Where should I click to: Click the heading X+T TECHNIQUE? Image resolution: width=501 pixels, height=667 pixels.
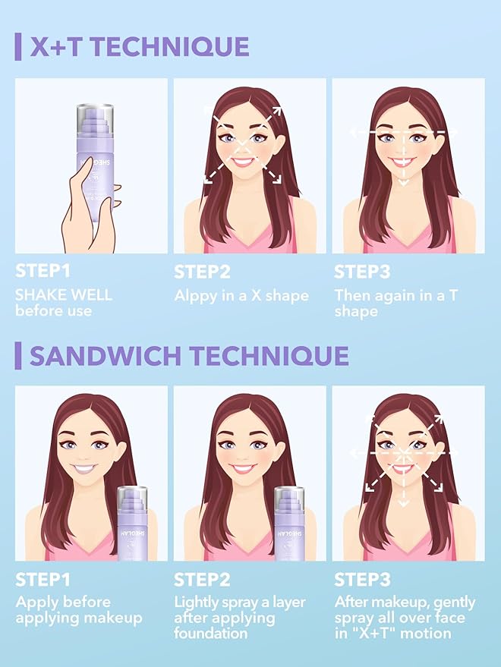[x=140, y=47]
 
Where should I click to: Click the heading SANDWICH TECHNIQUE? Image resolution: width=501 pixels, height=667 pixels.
[x=189, y=355]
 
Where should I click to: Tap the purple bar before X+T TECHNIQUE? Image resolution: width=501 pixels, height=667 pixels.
[x=17, y=47]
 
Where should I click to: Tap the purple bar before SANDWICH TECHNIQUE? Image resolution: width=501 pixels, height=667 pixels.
[x=17, y=355]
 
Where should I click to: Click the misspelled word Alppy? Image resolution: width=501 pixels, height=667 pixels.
[x=196, y=295]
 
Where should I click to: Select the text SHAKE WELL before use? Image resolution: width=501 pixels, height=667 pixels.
[x=63, y=303]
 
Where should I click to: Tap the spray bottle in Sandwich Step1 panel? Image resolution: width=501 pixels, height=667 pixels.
[x=137, y=524]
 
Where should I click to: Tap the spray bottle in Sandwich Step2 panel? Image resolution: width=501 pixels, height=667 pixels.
[x=295, y=524]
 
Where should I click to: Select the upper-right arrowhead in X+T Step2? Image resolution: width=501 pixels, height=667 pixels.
[x=276, y=111]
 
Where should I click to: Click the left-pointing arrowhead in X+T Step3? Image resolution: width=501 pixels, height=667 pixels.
[x=354, y=132]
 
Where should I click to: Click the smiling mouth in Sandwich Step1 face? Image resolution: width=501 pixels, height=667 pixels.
[x=86, y=469]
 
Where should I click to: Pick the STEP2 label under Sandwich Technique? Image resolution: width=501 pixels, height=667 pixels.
[x=202, y=580]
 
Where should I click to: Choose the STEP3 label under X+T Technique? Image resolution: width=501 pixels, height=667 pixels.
[x=362, y=272]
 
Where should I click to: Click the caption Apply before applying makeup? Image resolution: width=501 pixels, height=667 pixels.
[x=78, y=609]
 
